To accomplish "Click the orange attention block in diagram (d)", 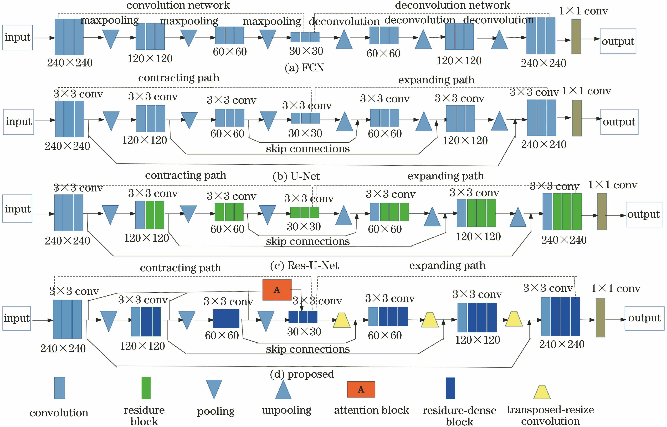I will pos(277,290).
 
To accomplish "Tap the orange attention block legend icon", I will pos(361,389).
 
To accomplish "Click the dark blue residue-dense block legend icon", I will pos(450,388).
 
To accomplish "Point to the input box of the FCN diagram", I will pos(17,37).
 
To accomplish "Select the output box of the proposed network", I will pos(644,318).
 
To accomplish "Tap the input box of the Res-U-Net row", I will pos(17,209).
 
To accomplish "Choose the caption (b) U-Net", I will pos(296,176).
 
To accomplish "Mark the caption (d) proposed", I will pos(302,374).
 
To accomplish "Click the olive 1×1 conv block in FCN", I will pos(576,37).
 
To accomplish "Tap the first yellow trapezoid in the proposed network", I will pos(341,321).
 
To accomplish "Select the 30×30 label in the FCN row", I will pos(306,51).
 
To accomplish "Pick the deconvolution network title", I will pos(452,5).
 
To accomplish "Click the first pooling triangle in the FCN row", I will pos(110,39).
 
